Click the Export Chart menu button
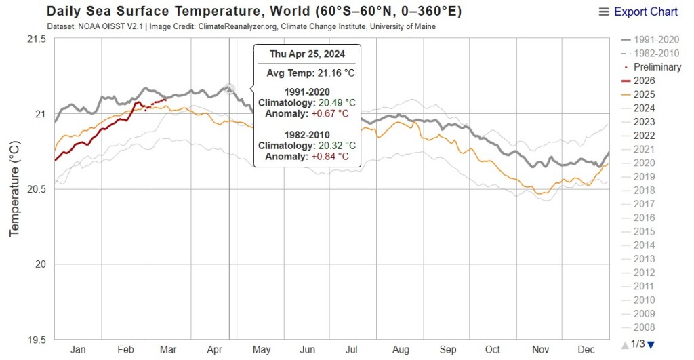point(638,12)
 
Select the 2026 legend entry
point(645,81)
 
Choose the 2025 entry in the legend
point(645,94)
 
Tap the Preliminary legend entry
point(657,67)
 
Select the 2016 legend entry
point(645,218)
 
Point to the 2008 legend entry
point(645,327)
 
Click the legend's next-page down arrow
point(651,344)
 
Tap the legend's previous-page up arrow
point(625,344)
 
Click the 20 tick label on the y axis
point(39,264)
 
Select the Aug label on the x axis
point(401,349)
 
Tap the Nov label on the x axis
point(540,349)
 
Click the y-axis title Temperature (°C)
point(15,188)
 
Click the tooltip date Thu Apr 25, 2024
point(307,54)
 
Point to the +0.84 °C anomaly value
point(330,156)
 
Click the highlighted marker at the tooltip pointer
point(230,88)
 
